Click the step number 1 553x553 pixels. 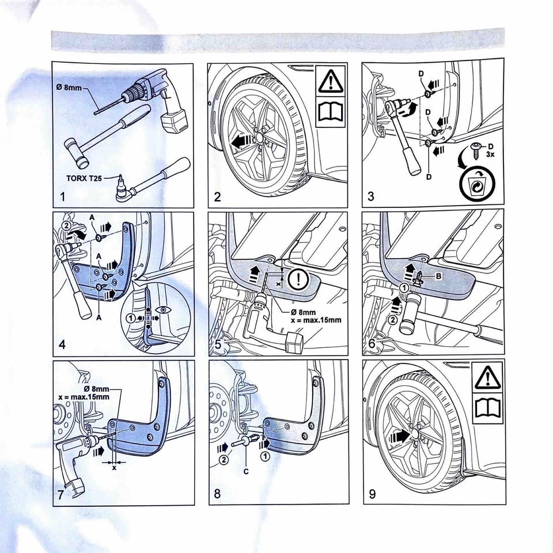point(62,199)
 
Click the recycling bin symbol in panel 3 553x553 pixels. point(476,185)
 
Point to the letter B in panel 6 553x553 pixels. point(439,276)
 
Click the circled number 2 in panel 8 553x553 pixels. point(223,459)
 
